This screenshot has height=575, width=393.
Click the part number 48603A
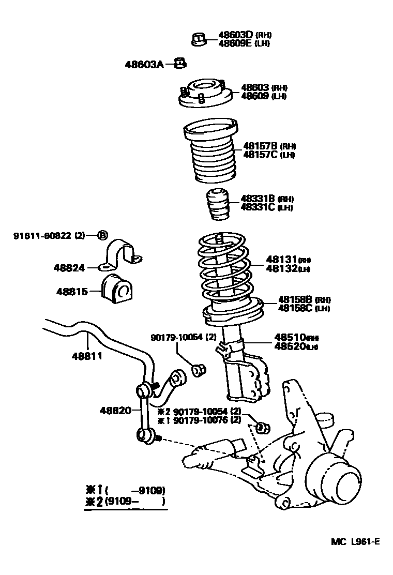tap(143, 64)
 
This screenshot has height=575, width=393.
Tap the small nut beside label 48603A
tap(180, 64)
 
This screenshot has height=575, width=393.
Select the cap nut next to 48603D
tap(199, 39)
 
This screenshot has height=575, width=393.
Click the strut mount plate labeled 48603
tap(203, 94)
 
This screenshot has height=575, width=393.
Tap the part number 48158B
tap(295, 299)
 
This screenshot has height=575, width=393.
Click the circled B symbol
tap(102, 236)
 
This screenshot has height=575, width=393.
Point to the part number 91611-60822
tap(43, 236)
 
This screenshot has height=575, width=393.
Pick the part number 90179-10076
tap(201, 420)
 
